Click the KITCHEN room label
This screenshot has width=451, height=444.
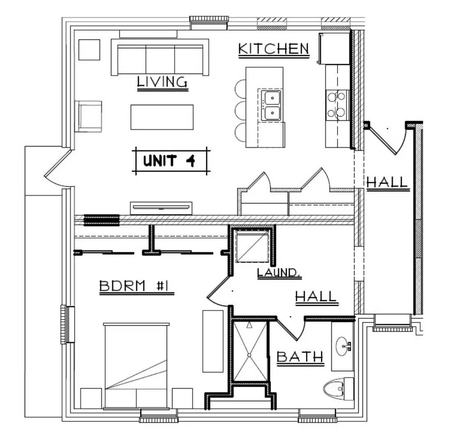click(274, 49)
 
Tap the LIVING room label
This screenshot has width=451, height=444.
click(162, 82)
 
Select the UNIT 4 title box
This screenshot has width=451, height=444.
click(171, 160)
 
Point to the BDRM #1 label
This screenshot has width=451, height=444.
click(136, 287)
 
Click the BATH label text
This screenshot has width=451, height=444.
click(300, 357)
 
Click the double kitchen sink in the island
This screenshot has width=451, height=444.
click(271, 105)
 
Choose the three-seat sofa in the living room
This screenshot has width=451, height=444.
click(160, 58)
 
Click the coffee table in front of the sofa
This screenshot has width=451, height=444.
click(162, 117)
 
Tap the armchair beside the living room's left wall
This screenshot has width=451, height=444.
click(88, 116)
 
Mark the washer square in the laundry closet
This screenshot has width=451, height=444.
click(253, 246)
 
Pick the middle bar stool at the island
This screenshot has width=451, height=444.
click(240, 110)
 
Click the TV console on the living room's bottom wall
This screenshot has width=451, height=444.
click(161, 208)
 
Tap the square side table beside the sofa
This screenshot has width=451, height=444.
click(89, 50)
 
